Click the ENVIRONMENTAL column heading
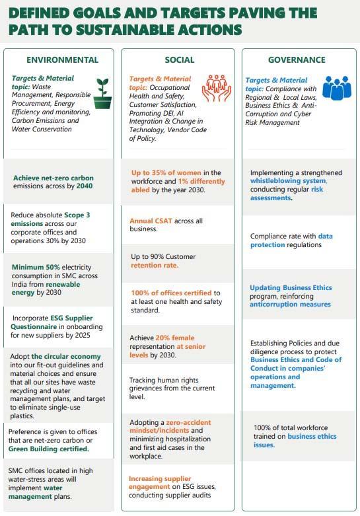tap(62, 59)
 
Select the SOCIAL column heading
tap(180, 60)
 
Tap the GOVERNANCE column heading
tap(297, 59)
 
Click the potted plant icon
tap(102, 93)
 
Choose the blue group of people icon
tap(336, 89)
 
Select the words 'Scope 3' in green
tap(78, 215)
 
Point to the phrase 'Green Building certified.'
tap(49, 449)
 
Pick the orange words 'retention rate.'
tap(154, 265)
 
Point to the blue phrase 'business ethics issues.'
tap(295, 441)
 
